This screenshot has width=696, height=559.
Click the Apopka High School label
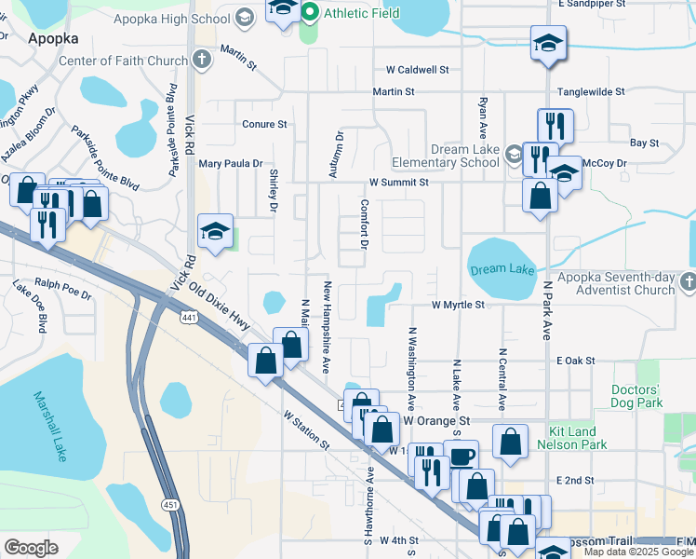(x=171, y=19)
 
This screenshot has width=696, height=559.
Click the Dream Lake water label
(x=502, y=268)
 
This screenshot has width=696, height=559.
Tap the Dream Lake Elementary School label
(x=464, y=156)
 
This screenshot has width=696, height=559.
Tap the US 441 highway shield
(x=188, y=318)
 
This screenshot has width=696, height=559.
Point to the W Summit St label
(x=398, y=183)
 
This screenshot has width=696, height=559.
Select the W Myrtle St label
(x=458, y=305)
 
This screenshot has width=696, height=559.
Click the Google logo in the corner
(x=31, y=547)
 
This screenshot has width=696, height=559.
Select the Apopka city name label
(x=53, y=39)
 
